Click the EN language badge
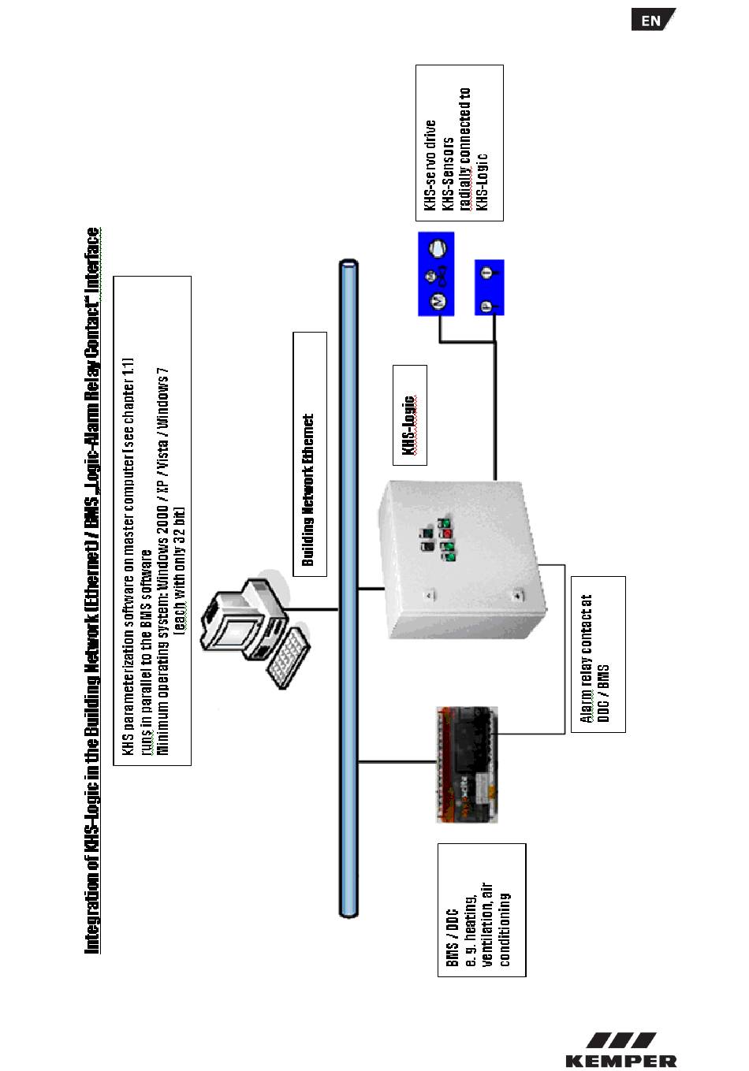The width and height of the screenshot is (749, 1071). [652, 20]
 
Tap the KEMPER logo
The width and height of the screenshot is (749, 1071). [620, 1051]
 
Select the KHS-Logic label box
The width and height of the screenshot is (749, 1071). [410, 415]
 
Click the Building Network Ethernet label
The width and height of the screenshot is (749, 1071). [310, 454]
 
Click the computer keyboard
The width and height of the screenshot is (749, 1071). [287, 657]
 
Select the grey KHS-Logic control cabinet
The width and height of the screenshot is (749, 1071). [460, 560]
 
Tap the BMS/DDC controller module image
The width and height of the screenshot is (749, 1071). [468, 764]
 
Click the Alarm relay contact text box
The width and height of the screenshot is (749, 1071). [598, 654]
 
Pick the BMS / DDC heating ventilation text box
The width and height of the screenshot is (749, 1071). [481, 909]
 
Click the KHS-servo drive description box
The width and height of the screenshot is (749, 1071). [459, 143]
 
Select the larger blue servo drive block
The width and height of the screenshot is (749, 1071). [436, 273]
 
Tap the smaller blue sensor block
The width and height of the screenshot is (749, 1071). [489, 287]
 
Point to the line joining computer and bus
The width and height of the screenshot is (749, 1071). [316, 608]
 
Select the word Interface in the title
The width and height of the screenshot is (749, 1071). [93, 259]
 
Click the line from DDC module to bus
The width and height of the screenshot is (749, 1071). [397, 761]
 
